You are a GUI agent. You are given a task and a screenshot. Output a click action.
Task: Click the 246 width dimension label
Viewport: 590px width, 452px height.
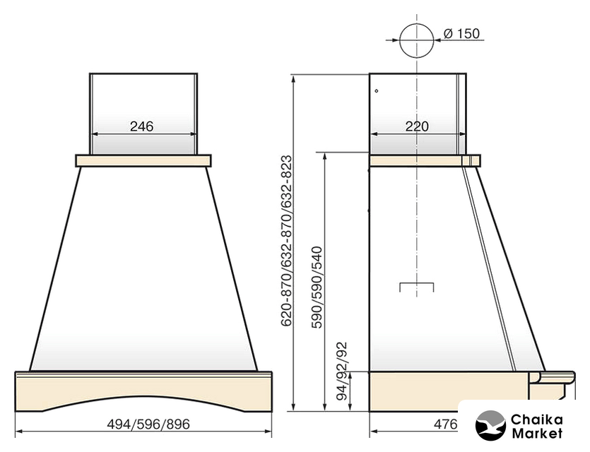click(x=142, y=126)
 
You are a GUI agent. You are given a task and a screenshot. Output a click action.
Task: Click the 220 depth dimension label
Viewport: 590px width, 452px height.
click(x=417, y=126)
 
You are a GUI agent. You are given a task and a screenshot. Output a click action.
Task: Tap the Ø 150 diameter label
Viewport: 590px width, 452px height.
click(x=461, y=33)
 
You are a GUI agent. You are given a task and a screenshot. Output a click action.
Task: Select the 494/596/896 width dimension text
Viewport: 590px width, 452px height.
click(x=148, y=424)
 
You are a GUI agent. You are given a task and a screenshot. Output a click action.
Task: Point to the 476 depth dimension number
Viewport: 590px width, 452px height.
click(x=446, y=424)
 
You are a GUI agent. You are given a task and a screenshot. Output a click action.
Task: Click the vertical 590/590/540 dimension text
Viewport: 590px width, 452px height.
click(x=317, y=287)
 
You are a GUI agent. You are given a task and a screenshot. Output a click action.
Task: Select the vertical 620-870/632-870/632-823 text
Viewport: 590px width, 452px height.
click(x=286, y=241)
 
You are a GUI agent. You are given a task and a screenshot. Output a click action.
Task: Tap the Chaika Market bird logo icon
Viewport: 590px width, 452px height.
click(x=490, y=425)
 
